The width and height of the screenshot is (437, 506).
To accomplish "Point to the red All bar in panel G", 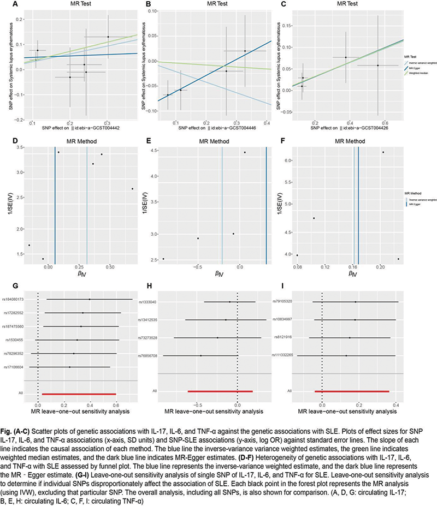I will pos(79,394).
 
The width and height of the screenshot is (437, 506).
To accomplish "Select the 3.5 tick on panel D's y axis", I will pos(18,148).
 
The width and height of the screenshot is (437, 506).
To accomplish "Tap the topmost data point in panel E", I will pos(245,152).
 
